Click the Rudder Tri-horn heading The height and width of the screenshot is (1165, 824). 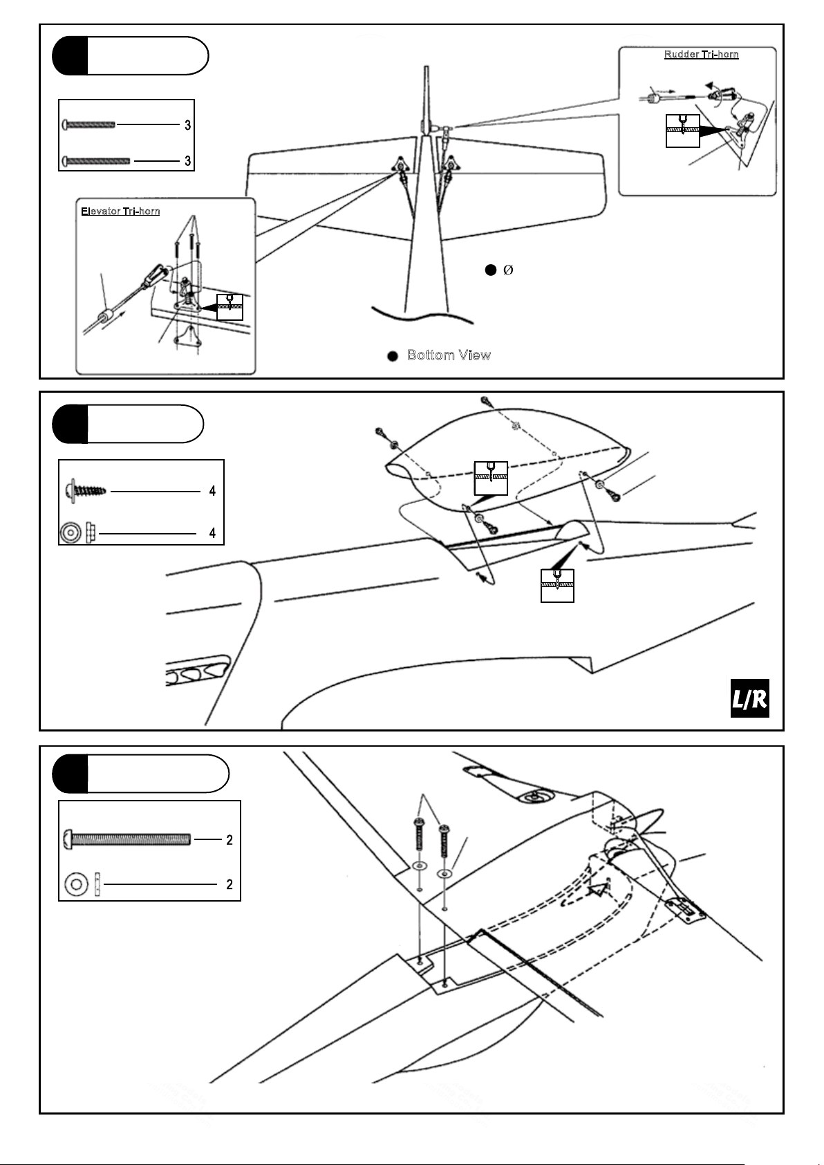click(701, 55)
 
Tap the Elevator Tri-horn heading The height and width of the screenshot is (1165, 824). click(120, 212)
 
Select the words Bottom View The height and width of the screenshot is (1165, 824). click(449, 355)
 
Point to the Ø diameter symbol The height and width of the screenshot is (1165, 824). click(508, 270)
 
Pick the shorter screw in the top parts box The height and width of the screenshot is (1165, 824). click(89, 125)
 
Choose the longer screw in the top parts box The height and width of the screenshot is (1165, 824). click(97, 161)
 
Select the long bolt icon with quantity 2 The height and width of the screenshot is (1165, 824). click(127, 839)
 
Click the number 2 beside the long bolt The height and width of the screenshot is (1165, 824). click(230, 840)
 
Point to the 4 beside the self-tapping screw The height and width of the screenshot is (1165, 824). click(212, 491)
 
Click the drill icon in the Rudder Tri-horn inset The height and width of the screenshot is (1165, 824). click(682, 131)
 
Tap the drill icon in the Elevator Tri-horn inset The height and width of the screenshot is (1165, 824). click(230, 306)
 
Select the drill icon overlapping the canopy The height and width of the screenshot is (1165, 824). click(491, 477)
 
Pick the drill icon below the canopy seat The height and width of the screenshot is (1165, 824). click(557, 585)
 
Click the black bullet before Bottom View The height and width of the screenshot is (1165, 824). click(392, 356)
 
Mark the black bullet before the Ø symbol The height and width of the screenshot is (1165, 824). click(489, 270)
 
